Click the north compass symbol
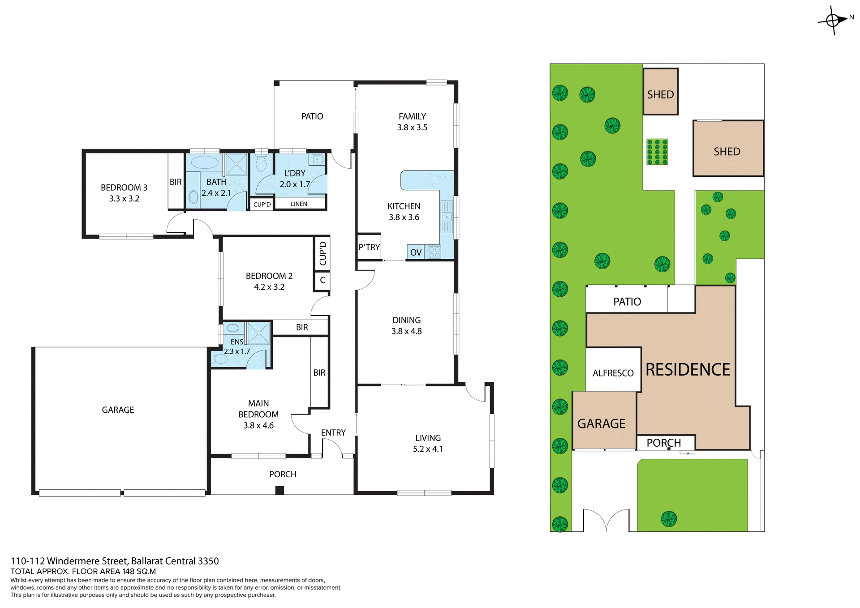[x=833, y=20]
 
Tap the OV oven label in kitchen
[x=416, y=253]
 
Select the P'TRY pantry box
[x=369, y=247]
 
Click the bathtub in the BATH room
[x=205, y=163]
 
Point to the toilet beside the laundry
[x=261, y=164]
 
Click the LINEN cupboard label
[x=299, y=204]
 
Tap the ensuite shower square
[x=258, y=333]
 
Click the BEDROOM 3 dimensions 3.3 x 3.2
[x=124, y=199]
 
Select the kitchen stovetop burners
[x=434, y=252]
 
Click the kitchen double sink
[x=447, y=217]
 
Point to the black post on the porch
[x=279, y=490]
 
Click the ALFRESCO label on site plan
[x=613, y=373]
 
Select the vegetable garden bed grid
[x=657, y=152]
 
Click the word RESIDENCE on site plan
[x=688, y=370]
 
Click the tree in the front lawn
[x=669, y=519]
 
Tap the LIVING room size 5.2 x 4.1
[x=428, y=449]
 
